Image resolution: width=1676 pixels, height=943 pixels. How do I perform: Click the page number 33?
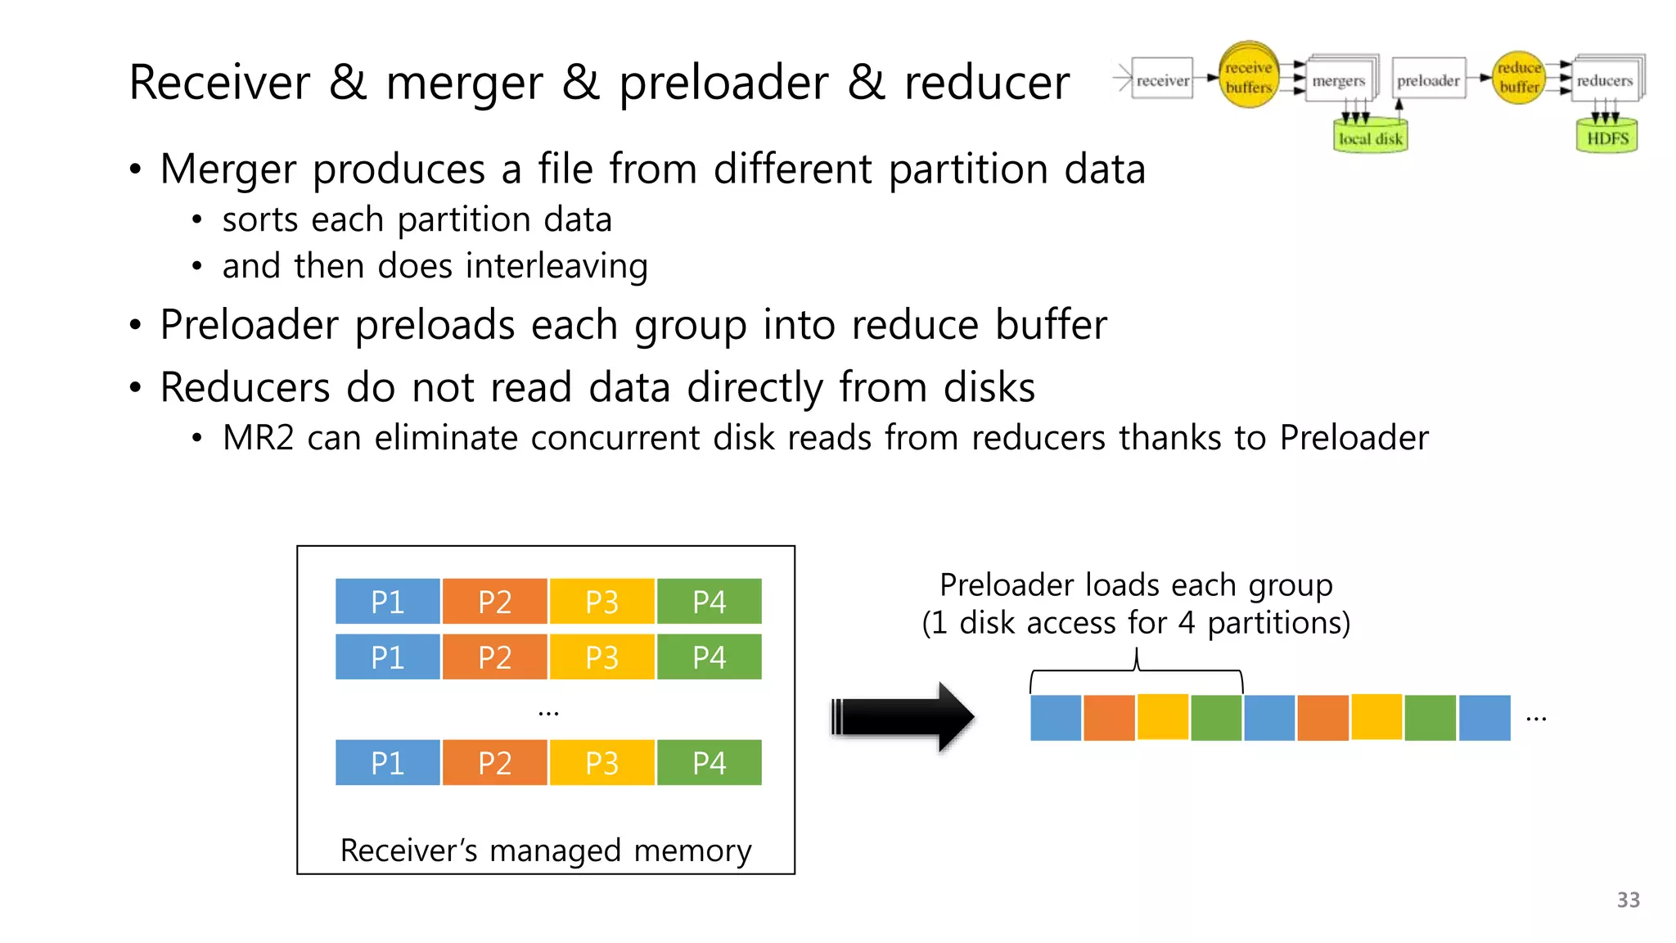click(x=1628, y=900)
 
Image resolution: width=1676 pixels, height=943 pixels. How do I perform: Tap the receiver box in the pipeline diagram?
click(x=1162, y=79)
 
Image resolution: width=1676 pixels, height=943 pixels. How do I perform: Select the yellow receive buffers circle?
click(x=1248, y=75)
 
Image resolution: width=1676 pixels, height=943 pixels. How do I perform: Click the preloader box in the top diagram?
click(x=1428, y=79)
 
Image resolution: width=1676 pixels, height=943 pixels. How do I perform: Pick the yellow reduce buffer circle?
click(x=1519, y=77)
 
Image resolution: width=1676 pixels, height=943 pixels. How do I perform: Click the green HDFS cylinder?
click(x=1606, y=137)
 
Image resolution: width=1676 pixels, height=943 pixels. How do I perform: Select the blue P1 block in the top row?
click(x=387, y=602)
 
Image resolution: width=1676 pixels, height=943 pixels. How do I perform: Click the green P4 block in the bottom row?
click(x=709, y=763)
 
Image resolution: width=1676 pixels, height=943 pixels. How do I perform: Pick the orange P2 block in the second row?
click(x=494, y=657)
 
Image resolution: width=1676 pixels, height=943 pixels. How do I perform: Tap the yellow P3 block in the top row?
click(x=601, y=602)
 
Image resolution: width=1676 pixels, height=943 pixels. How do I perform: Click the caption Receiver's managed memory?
click(x=545, y=851)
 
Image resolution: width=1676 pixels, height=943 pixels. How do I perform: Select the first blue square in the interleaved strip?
click(x=1056, y=718)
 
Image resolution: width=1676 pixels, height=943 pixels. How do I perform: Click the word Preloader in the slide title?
click(x=723, y=83)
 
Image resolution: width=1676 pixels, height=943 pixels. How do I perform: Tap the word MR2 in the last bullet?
click(x=258, y=438)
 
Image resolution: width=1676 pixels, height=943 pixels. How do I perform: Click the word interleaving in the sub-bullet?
click(x=556, y=267)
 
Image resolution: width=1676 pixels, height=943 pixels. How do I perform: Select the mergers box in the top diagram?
click(x=1339, y=80)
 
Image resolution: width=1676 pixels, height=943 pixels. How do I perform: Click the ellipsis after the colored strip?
click(x=1536, y=719)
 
